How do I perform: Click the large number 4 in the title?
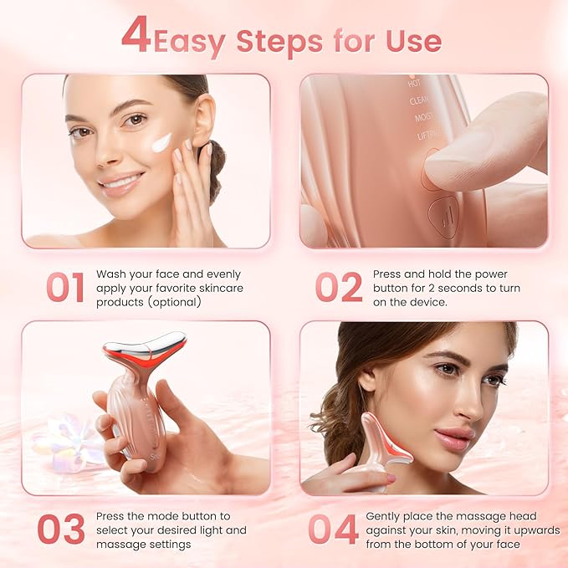pyautogui.click(x=136, y=36)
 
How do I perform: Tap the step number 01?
pyautogui.click(x=65, y=287)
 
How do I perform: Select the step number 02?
pyautogui.click(x=338, y=287)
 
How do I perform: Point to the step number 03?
pyautogui.click(x=61, y=530)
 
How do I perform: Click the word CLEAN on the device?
pyautogui.click(x=420, y=100)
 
